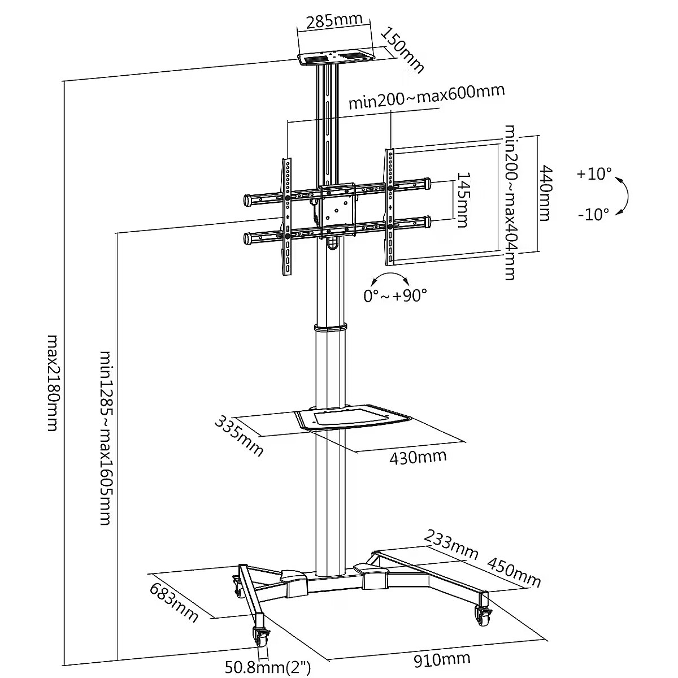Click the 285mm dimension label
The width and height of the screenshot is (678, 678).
click(334, 21)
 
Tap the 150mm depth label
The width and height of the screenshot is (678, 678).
click(402, 50)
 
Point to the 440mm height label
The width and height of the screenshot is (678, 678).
click(546, 193)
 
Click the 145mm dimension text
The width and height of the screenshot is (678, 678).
click(462, 200)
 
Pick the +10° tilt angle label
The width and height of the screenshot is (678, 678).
click(594, 173)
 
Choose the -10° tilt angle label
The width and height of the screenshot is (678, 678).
click(593, 214)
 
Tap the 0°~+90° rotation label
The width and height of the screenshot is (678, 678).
click(395, 295)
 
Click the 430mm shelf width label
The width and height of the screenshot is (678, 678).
click(418, 456)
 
